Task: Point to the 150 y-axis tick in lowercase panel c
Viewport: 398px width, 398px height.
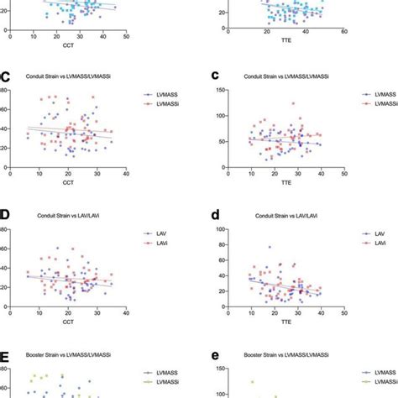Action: pyautogui.click(x=221, y=88)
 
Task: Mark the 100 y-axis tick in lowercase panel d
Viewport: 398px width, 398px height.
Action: pyautogui.click(x=221, y=228)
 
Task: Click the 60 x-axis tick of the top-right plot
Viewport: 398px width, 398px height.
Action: pyautogui.click(x=344, y=33)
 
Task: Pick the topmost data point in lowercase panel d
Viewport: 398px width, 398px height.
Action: pyautogui.click(x=269, y=247)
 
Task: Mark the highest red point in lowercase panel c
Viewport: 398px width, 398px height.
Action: pyautogui.click(x=293, y=103)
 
